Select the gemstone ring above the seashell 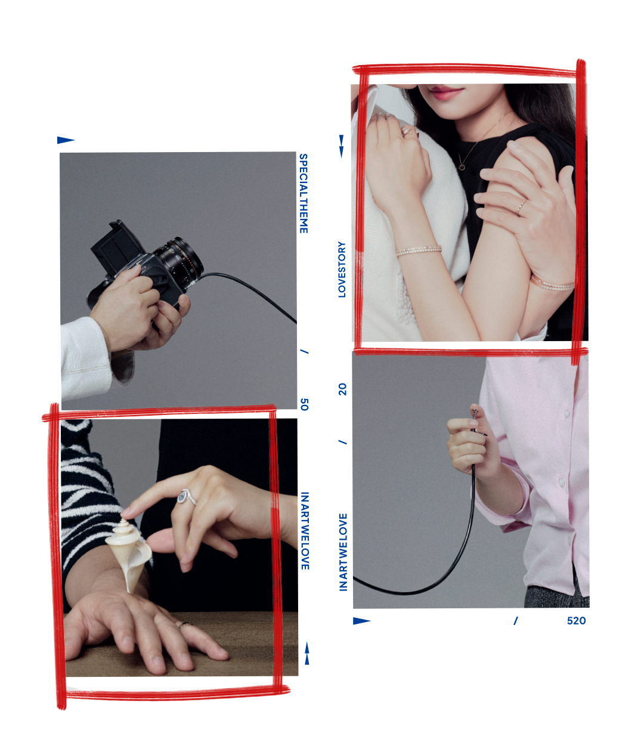pyautogui.click(x=187, y=497)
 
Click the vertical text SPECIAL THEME pyautogui.click(x=304, y=194)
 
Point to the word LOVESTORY pyautogui.click(x=342, y=270)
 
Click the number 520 pyautogui.click(x=576, y=621)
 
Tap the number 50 pyautogui.click(x=304, y=404)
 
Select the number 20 pyautogui.click(x=342, y=389)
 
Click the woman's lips pyautogui.click(x=446, y=92)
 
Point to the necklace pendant pyautogui.click(x=462, y=166)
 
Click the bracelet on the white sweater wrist pyautogui.click(x=419, y=250)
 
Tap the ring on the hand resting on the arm pyautogui.click(x=521, y=206)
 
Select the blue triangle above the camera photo pyautogui.click(x=65, y=140)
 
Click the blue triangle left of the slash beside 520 pyautogui.click(x=361, y=621)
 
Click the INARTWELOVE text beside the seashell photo pyautogui.click(x=305, y=531)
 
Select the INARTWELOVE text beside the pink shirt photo pyautogui.click(x=343, y=552)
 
